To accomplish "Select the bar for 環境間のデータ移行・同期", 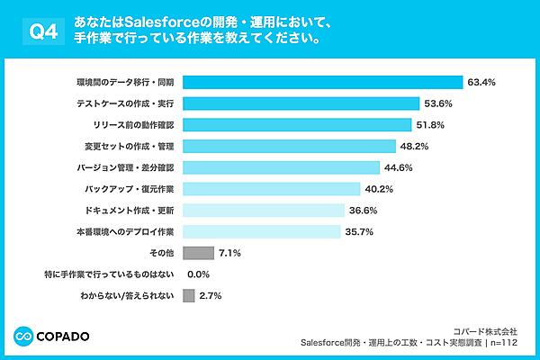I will pyautogui.click(x=321, y=82).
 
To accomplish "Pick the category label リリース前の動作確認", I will pyautogui.click(x=133, y=124).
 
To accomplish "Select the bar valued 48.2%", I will pyautogui.click(x=289, y=146).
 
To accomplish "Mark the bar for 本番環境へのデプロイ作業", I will pyautogui.click(x=262, y=231).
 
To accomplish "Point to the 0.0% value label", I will pyautogui.click(x=198, y=274).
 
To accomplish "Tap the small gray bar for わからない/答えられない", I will pyautogui.click(x=188, y=295).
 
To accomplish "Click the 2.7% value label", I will pyautogui.click(x=211, y=295).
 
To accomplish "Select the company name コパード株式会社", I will pyautogui.click(x=486, y=330).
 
